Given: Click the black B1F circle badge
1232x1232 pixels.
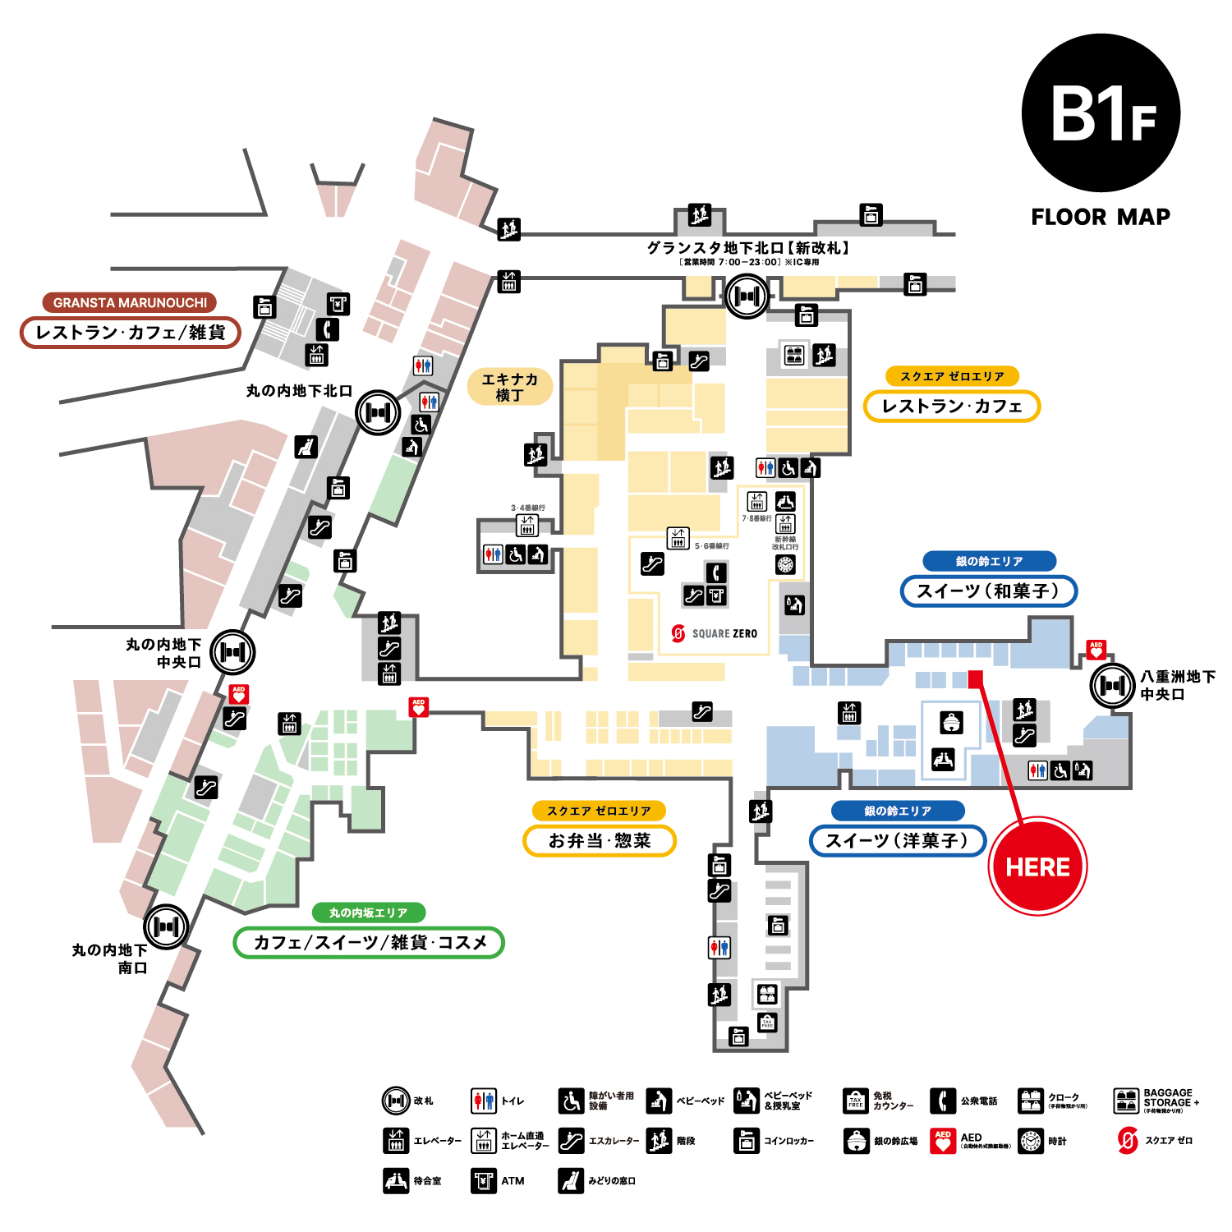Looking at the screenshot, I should [x=1101, y=113].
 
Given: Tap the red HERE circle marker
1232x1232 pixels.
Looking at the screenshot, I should [x=1038, y=867].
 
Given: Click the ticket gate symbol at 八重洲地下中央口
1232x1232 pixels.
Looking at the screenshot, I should [x=1112, y=685].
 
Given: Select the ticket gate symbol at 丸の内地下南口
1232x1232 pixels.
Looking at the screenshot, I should [x=167, y=926].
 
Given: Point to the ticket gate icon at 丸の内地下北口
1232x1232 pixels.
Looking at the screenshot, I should [x=378, y=412].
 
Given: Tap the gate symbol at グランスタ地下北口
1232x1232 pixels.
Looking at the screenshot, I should [x=747, y=296].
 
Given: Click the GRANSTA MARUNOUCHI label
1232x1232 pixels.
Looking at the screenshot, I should [x=130, y=302].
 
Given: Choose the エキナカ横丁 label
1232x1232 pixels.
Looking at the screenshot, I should [x=509, y=387].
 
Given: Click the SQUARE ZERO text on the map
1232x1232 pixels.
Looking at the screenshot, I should [x=724, y=633].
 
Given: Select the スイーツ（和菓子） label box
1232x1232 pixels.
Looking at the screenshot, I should [x=988, y=591].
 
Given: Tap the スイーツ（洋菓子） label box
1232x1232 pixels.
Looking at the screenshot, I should [x=897, y=840].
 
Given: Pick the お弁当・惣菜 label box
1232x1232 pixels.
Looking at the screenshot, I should [x=600, y=840].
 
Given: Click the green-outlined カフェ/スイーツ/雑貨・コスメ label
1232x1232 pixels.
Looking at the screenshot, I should [x=369, y=942].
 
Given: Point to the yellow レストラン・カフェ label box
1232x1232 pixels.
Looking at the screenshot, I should [x=951, y=406].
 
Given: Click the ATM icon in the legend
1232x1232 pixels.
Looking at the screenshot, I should [x=484, y=1180].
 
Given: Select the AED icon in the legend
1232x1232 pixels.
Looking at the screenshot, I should [x=943, y=1141].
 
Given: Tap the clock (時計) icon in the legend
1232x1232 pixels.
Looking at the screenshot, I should [x=1031, y=1141].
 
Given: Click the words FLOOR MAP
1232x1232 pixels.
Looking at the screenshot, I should [x=1101, y=217].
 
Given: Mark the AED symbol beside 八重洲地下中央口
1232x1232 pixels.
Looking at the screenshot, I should [x=1096, y=650].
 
